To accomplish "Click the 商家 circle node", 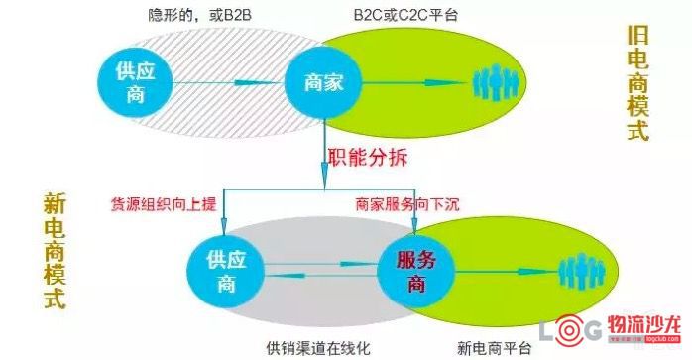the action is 323,82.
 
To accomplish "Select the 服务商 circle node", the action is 416,271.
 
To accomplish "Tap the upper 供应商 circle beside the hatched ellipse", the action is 136,82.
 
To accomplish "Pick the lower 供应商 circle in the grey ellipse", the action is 226,271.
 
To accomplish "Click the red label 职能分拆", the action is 367,158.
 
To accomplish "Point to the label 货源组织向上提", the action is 164,204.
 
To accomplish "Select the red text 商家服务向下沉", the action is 407,204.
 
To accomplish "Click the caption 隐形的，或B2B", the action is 199,15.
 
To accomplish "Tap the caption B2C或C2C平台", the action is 405,15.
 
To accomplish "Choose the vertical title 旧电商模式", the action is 638,82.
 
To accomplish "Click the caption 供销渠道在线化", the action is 318,348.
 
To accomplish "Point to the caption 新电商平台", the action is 495,348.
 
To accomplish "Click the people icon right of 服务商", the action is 582,270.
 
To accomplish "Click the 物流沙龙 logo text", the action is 643,326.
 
